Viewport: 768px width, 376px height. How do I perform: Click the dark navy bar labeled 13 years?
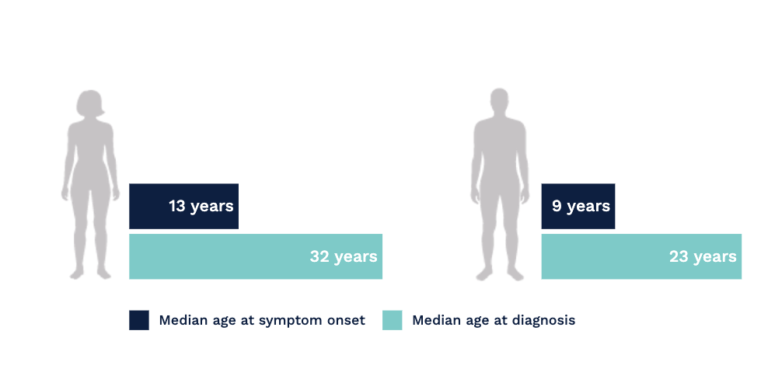183,206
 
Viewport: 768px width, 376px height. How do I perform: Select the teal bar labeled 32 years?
256,256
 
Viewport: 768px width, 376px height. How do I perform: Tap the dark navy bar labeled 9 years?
578,206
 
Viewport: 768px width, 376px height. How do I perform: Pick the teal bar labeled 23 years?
641,256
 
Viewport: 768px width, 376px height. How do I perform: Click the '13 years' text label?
201,206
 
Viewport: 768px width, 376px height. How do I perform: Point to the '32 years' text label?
344,256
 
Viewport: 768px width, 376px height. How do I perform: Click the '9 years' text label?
581,206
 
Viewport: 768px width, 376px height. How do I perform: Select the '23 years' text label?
703,256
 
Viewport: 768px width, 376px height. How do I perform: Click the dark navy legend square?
139,320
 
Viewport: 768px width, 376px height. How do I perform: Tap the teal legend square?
393,320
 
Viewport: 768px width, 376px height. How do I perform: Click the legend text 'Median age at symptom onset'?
262,320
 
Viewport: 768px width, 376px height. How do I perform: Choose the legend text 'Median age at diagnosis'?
494,320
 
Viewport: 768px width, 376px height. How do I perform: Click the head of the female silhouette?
89,103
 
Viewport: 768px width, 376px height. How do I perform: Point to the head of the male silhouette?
499,100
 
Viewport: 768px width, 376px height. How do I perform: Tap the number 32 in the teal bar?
319,256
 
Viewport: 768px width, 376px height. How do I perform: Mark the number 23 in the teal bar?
679,256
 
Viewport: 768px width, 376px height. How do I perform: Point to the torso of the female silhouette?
90,151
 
